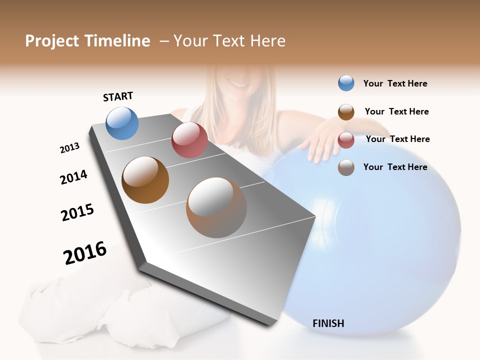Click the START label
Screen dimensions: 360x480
118,96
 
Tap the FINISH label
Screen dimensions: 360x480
328,323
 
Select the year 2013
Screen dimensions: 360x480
69,148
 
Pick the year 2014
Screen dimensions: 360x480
73,177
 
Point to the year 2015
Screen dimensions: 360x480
77,212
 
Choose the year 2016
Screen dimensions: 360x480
85,252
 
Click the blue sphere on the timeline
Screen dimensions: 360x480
122,123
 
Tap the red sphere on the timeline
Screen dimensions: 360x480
189,140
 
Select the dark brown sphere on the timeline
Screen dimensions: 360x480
145,180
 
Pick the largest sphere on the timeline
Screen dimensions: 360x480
216,207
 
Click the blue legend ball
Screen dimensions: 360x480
346,83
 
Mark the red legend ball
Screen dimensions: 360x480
346,139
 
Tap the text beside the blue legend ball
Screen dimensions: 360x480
395,83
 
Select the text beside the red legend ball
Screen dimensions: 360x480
397,139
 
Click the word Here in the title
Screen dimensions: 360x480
267,41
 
